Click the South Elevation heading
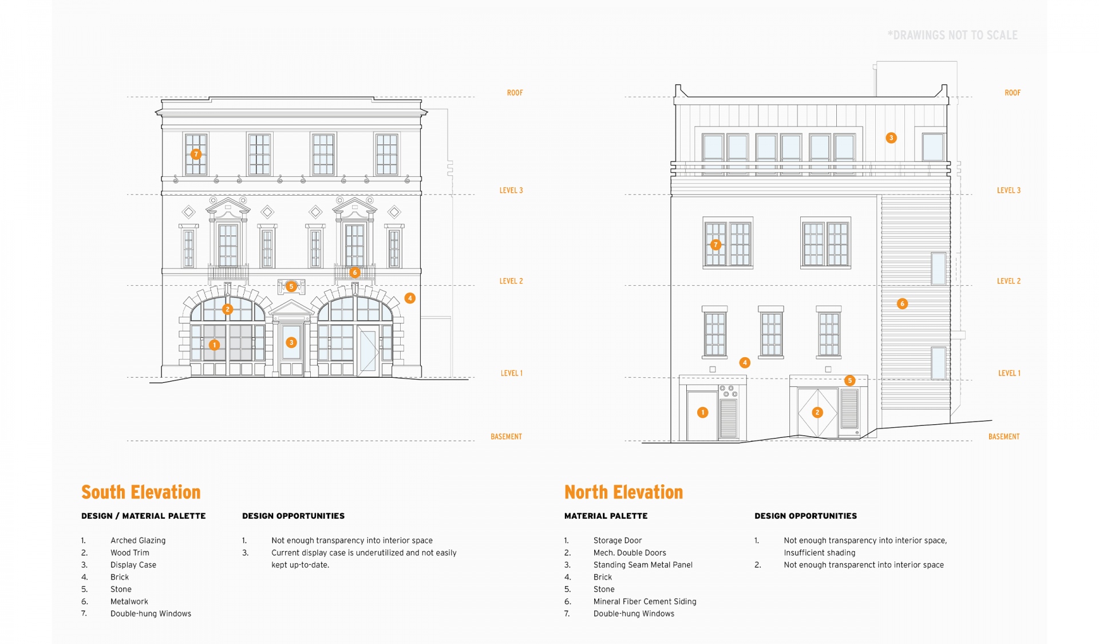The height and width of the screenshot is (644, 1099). [141, 492]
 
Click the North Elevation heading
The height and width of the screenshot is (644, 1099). [623, 492]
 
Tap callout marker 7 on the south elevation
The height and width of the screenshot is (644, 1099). [196, 154]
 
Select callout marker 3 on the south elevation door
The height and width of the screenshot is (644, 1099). [291, 342]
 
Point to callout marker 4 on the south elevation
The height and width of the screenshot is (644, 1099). [410, 298]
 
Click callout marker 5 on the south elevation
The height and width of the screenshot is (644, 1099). [291, 286]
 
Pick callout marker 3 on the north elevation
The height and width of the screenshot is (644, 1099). [891, 138]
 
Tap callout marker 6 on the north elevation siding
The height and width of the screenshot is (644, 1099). [902, 303]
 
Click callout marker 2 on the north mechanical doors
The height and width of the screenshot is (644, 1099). [817, 412]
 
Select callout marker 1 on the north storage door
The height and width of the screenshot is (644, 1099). [703, 412]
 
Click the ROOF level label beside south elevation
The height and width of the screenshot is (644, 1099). [515, 93]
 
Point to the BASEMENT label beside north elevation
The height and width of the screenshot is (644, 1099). [1003, 437]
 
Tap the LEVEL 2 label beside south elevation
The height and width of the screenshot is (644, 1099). [511, 281]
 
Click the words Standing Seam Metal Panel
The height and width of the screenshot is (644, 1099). [642, 565]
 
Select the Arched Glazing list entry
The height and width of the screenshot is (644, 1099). [137, 540]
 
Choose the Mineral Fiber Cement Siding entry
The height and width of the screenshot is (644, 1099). [645, 602]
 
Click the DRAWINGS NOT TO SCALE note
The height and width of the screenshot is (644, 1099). [952, 35]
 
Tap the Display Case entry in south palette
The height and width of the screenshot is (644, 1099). [133, 565]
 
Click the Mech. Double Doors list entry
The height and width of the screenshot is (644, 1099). [629, 553]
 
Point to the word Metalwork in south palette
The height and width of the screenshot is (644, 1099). [129, 602]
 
